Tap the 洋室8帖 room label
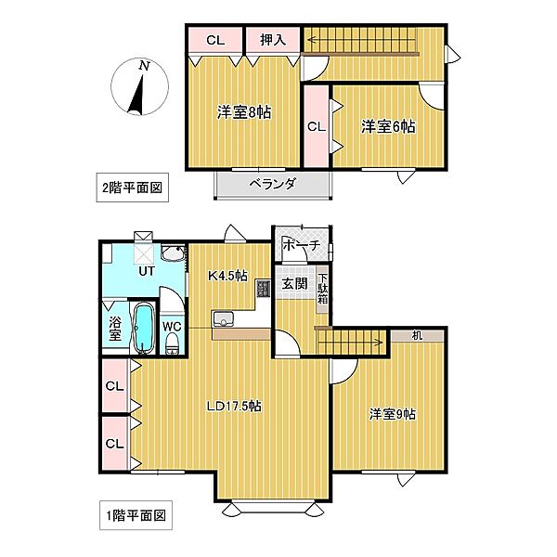[244, 112]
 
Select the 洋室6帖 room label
[388, 125]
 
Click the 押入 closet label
[272, 40]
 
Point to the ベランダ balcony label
[272, 184]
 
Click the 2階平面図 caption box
[131, 187]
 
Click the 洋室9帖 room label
[390, 414]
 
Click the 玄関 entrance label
[293, 284]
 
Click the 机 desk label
[416, 335]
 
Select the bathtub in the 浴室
[143, 330]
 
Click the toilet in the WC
[172, 345]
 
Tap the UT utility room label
[147, 273]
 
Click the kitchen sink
[225, 319]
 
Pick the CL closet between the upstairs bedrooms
[316, 126]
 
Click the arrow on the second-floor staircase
[316, 40]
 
